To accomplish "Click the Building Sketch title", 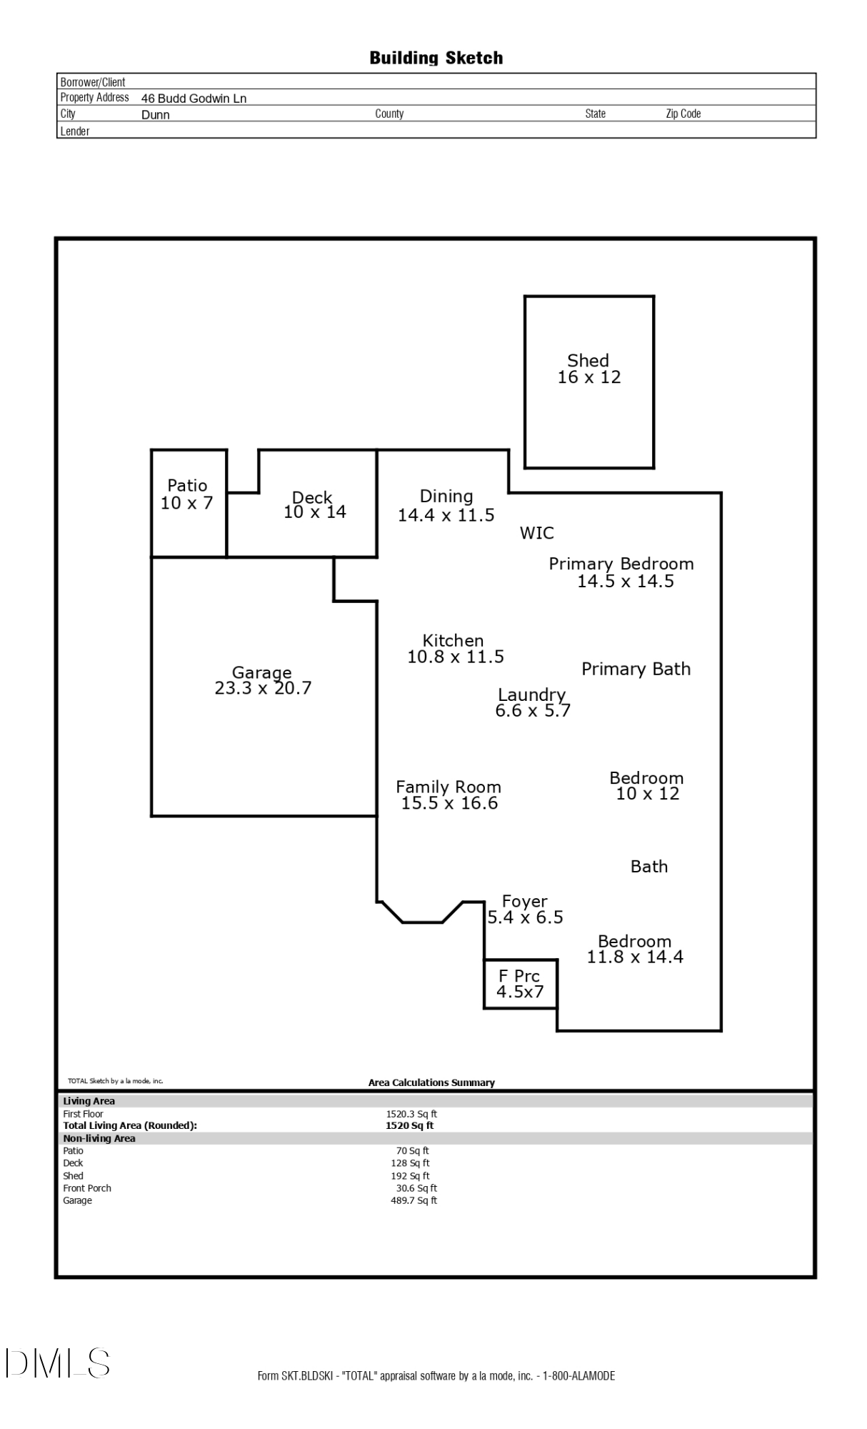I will (436, 58).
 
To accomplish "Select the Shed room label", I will (588, 361).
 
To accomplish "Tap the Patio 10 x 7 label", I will (187, 494).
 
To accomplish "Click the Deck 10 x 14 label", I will (314, 504).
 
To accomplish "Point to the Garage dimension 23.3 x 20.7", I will (263, 688).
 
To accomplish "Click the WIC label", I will (536, 533).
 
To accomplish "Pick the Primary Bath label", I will (636, 669).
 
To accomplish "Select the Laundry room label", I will (531, 694).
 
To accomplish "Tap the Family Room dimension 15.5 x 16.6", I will (449, 803).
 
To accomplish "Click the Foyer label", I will (524, 901).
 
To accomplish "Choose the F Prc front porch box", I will (520, 984).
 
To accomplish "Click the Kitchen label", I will (453, 640).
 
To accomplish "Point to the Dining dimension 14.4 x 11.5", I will (446, 515).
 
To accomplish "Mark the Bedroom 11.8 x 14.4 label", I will (635, 949).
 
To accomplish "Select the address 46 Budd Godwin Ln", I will (194, 99).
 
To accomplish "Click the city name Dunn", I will (155, 115).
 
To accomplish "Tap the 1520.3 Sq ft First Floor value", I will (411, 1114).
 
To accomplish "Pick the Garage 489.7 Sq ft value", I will (414, 1200).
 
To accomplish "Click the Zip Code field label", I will (683, 114).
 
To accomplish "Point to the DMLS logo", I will (58, 1363).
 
